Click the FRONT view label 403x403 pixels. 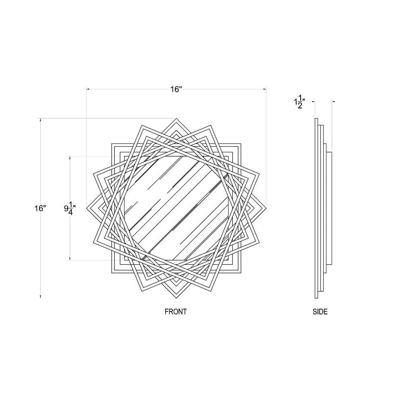click(x=176, y=312)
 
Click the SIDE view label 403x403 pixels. click(x=320, y=312)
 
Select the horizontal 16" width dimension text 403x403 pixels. click(x=176, y=89)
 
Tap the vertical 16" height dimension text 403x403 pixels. click(x=40, y=208)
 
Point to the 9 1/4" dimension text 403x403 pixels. click(x=70, y=208)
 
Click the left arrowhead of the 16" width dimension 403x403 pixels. click(x=88, y=89)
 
